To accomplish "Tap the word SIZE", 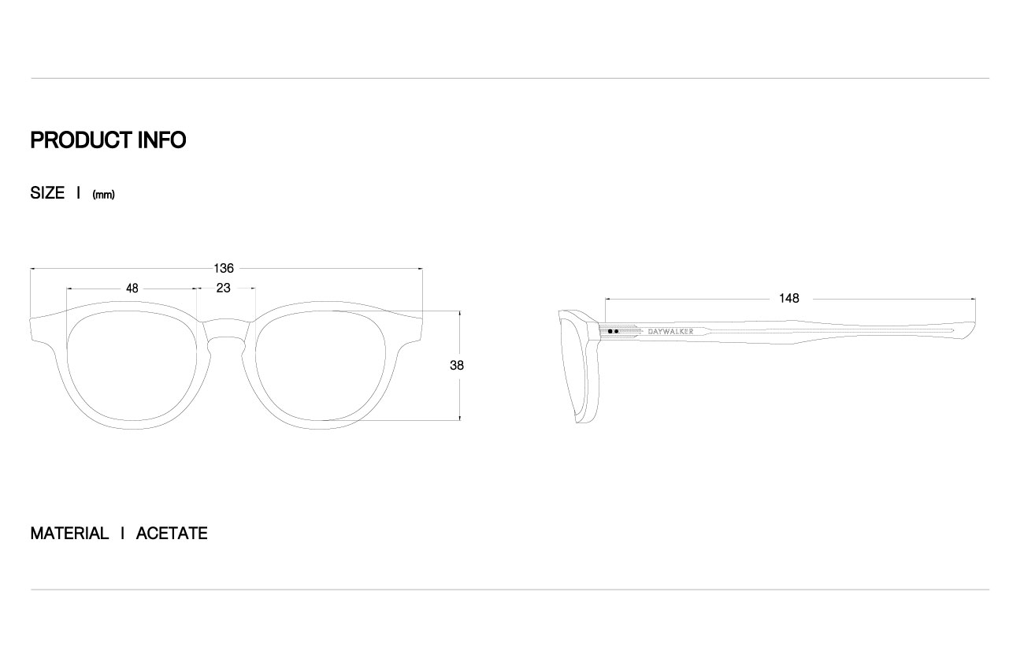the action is pos(47,193).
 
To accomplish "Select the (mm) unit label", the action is pos(103,195).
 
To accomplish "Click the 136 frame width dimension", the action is pos(224,269).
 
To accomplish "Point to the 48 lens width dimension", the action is pos(132,288).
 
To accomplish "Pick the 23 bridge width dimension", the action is pos(223,288).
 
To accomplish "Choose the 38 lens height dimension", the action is pos(457,366).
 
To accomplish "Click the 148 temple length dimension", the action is pos(789,299).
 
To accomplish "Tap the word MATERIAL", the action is pos(69,534).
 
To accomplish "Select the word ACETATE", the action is pos(172,534).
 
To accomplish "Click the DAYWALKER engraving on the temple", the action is pos(670,332).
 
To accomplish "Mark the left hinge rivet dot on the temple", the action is pos(610,332).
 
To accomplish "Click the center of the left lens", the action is pos(132,366).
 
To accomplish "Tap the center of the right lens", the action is pos(321,366).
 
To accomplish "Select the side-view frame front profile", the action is pos(579,367).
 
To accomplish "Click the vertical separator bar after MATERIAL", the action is pos(123,534).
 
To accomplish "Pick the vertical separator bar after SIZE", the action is pos(79,193).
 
